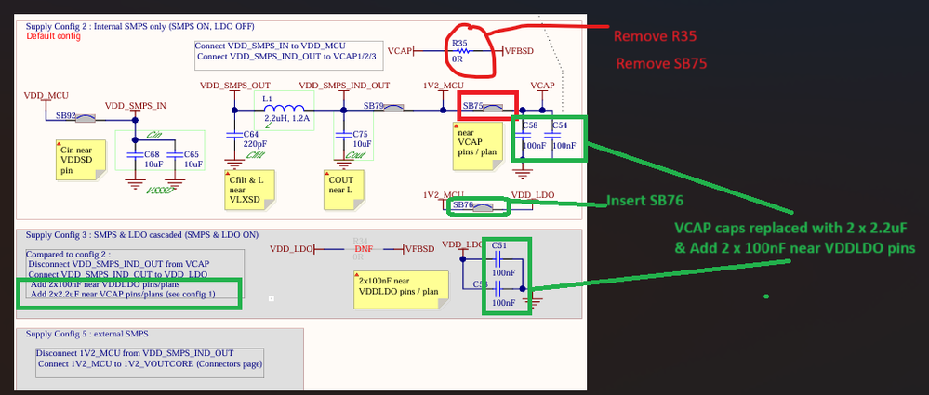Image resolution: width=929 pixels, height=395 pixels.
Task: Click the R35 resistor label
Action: (x=458, y=43)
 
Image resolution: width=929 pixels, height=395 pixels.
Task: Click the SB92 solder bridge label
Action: (x=64, y=115)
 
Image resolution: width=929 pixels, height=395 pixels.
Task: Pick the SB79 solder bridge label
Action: (x=374, y=105)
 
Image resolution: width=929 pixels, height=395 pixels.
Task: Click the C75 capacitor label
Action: (x=361, y=135)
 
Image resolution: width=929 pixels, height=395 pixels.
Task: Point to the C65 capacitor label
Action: (x=192, y=154)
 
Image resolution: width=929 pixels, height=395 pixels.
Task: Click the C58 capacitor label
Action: (x=530, y=125)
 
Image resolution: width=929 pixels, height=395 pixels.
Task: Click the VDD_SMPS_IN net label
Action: (x=136, y=106)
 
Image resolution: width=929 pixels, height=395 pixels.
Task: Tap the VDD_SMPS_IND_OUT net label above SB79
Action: (x=355, y=86)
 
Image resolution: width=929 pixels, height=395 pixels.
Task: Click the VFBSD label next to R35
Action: (x=519, y=51)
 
